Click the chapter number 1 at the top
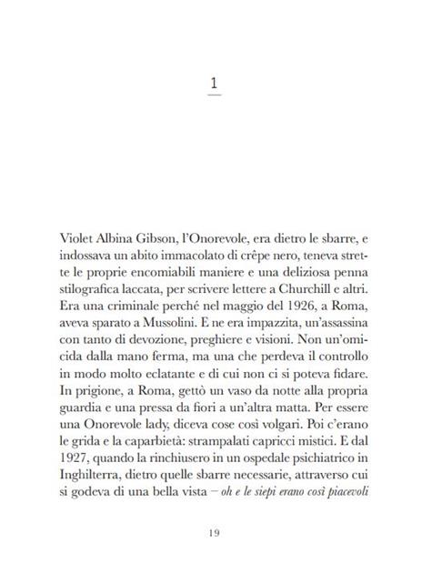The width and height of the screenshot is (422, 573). (211, 84)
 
